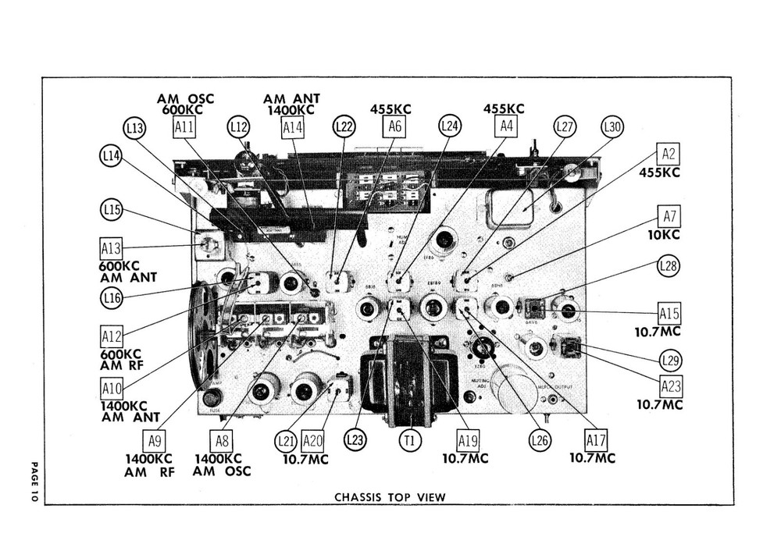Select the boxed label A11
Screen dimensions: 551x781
[x=185, y=127]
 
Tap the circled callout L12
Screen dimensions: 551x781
[x=239, y=127]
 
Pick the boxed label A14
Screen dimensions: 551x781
[x=292, y=127]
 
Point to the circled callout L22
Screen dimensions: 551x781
[x=344, y=126]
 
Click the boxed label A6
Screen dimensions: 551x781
[x=395, y=126]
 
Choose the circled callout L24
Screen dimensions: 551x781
[x=449, y=126]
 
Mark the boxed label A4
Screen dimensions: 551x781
[x=506, y=126]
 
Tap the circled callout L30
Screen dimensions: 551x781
[x=612, y=127]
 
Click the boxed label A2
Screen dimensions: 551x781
[x=668, y=154]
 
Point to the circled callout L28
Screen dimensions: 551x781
[x=669, y=266]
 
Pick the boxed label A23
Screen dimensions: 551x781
[x=670, y=386]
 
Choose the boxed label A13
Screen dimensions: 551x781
[x=111, y=249]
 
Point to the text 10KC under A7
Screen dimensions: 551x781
[x=669, y=235]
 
